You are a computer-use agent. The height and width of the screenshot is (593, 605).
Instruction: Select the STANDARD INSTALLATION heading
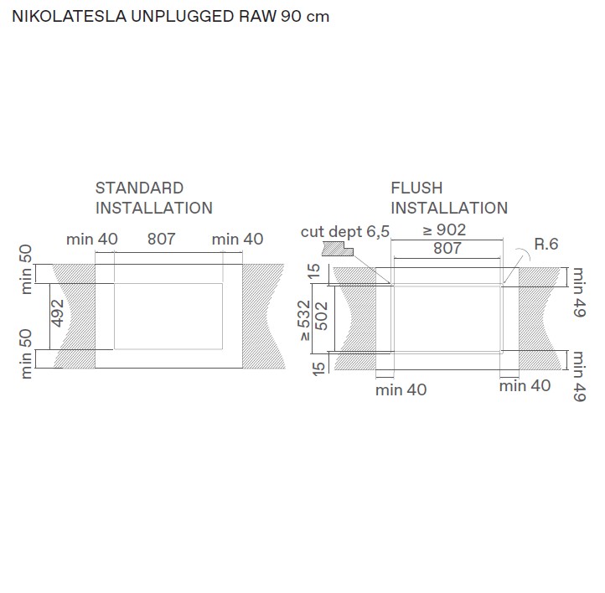153,198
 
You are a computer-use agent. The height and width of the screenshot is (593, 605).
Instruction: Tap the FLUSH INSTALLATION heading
448,198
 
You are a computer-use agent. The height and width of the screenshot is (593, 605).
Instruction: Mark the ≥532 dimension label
304,319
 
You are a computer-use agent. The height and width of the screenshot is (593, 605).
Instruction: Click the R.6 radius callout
546,245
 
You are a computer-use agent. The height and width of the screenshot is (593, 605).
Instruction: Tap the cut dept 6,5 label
345,231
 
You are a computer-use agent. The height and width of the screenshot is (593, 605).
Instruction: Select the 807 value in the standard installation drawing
161,239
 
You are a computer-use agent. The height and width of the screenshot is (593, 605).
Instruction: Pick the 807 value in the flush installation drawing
447,248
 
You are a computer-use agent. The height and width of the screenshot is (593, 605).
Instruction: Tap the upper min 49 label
577,292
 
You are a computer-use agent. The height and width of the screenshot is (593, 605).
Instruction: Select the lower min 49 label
577,377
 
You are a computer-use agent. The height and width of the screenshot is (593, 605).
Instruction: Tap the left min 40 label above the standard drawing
92,239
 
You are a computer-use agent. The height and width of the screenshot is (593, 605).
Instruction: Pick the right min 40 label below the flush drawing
525,386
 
